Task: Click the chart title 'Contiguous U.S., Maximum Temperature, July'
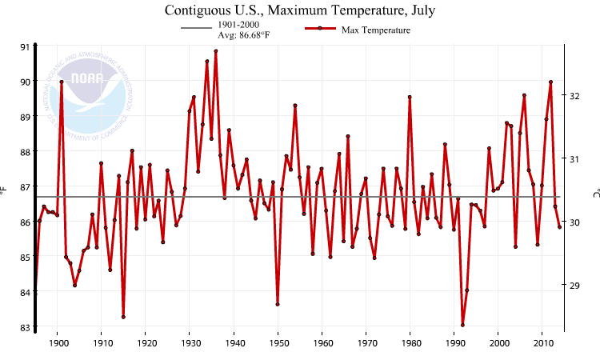(x=299, y=10)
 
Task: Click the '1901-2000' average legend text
(x=238, y=25)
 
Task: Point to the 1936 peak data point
(x=216, y=51)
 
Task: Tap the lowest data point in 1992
(x=462, y=325)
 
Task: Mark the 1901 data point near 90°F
(x=62, y=82)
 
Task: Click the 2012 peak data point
(x=551, y=82)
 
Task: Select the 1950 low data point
(x=278, y=304)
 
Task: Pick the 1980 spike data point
(x=410, y=97)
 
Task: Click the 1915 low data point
(x=123, y=317)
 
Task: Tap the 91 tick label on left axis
(x=25, y=46)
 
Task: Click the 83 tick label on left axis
(x=25, y=327)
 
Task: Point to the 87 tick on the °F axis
(x=25, y=186)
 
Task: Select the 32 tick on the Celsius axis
(x=574, y=95)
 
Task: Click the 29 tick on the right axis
(x=574, y=285)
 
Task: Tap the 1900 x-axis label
(x=58, y=343)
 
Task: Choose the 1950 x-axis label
(x=278, y=343)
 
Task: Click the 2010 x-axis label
(x=542, y=343)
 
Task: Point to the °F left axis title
(x=4, y=190)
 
